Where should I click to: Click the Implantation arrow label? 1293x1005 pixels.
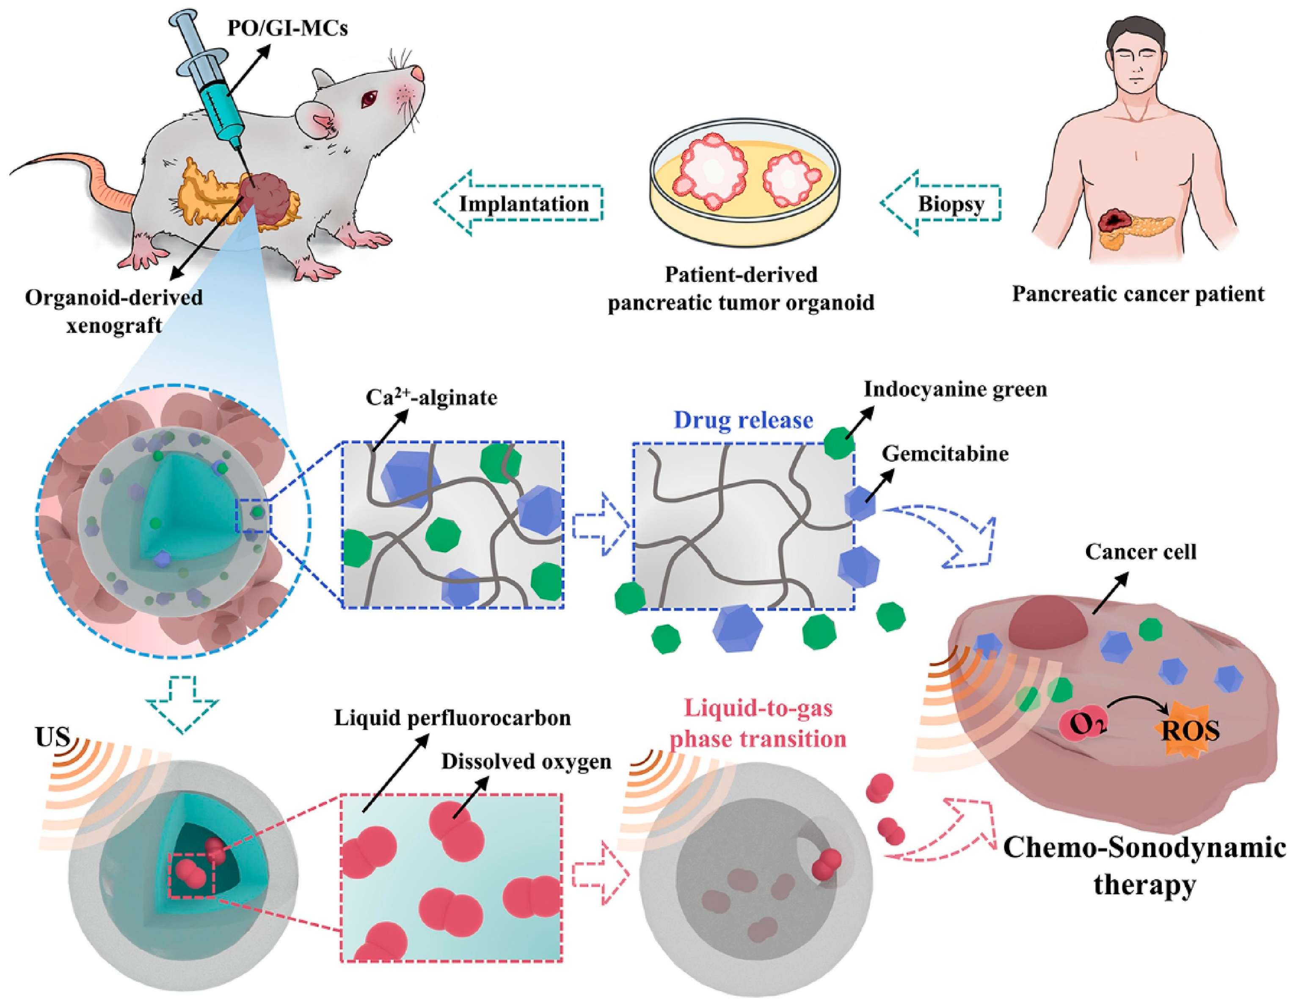[x=524, y=204]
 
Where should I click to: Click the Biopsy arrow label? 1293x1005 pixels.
[x=951, y=204]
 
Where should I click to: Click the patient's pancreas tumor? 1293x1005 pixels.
[x=1115, y=224]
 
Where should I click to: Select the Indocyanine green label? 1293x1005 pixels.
[x=955, y=389]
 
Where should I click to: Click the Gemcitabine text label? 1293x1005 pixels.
[x=945, y=454]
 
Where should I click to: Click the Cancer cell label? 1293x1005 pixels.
[x=1140, y=552]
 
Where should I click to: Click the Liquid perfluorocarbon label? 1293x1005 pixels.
[x=453, y=718]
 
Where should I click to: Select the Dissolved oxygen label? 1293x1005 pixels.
[x=526, y=761]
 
